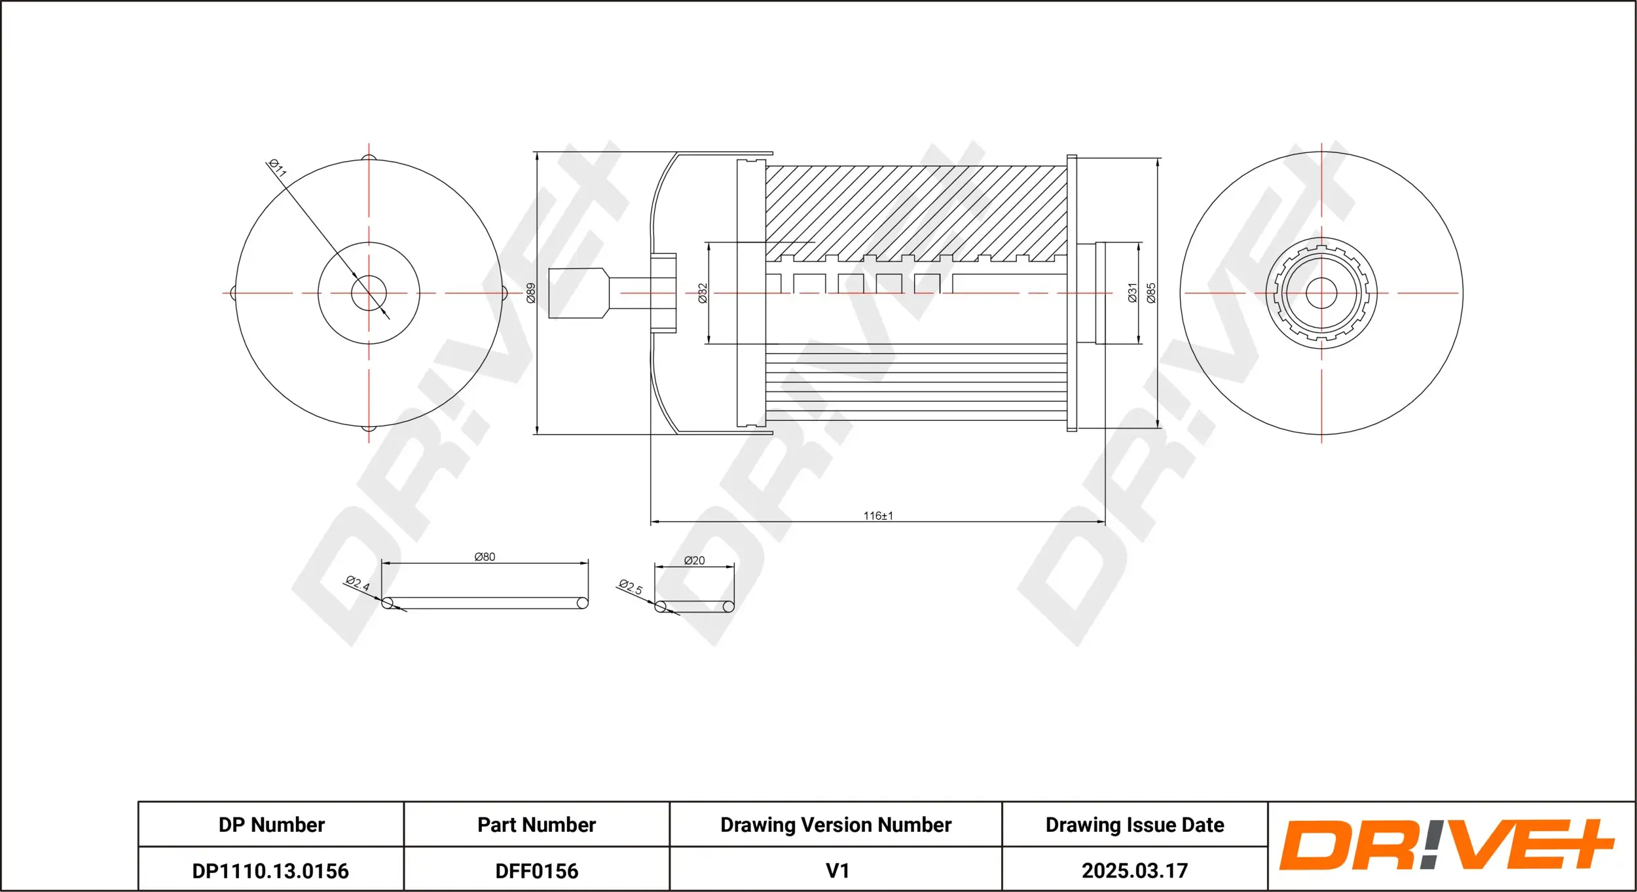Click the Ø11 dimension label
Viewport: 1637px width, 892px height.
(278, 168)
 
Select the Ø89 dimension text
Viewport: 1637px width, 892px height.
(531, 293)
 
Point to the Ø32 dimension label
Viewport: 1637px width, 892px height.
(703, 293)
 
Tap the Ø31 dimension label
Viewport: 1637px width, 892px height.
(1133, 293)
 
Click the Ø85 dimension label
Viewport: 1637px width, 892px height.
(1151, 293)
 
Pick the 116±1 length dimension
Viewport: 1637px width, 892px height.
(878, 516)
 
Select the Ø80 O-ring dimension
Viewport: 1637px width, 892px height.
(485, 557)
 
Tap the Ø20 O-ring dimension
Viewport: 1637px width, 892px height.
(694, 560)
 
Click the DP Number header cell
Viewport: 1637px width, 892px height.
(271, 825)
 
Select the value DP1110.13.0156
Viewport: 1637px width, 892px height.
(270, 870)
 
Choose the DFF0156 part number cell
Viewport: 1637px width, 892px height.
(536, 870)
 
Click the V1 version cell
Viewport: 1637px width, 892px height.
(837, 870)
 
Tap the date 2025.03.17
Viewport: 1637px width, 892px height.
(1134, 870)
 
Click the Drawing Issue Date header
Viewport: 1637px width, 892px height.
(1134, 825)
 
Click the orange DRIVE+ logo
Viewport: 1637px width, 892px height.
(1447, 846)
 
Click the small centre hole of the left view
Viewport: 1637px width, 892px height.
(369, 293)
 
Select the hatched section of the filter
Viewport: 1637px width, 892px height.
(917, 209)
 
